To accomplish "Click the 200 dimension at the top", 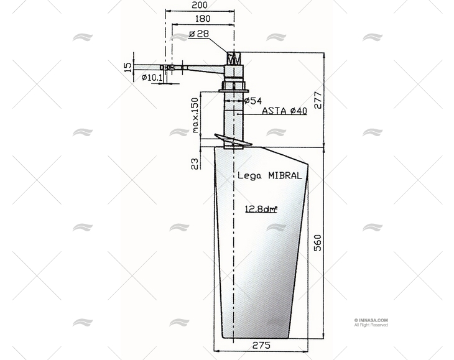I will [x=200, y=5].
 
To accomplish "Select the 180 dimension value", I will [x=200, y=19].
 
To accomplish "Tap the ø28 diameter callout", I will [x=198, y=34].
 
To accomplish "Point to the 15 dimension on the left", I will [x=128, y=66].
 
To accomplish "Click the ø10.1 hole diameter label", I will [x=152, y=78].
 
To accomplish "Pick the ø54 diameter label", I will [x=252, y=100].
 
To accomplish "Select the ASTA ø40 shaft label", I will [x=284, y=111].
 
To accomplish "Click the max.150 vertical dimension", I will [x=195, y=114].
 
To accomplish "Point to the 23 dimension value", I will [x=195, y=163].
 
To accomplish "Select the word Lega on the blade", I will [x=249, y=176].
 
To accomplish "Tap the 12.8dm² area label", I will [x=261, y=209].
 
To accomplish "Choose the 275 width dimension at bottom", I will [x=262, y=346].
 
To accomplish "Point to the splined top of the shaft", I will [x=234, y=59].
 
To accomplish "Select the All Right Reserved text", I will [x=371, y=325].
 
